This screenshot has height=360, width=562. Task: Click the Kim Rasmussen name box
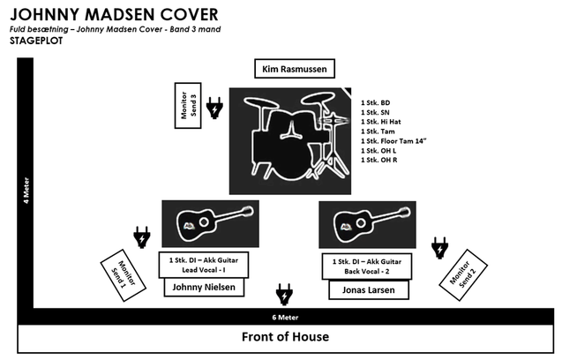[295, 69]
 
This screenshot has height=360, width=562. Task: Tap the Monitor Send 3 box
[188, 105]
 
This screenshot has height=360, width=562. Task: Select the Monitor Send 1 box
[123, 275]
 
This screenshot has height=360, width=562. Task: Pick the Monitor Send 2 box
[463, 275]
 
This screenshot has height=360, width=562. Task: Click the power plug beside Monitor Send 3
[214, 108]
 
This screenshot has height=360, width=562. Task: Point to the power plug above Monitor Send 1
[142, 237]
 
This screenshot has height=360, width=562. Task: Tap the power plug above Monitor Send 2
[439, 247]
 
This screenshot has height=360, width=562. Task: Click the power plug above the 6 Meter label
[285, 294]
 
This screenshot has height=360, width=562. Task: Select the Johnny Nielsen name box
[204, 288]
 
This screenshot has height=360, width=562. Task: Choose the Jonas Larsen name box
[369, 290]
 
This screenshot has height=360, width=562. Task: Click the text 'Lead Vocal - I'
[204, 270]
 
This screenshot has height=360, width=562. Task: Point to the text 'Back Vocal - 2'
[367, 272]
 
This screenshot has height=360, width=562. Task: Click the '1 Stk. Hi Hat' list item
[380, 122]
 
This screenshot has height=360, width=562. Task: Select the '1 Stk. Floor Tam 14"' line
[393, 141]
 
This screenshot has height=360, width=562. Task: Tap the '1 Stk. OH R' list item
[378, 160]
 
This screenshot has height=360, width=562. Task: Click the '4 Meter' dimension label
[26, 191]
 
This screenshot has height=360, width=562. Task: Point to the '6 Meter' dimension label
[285, 318]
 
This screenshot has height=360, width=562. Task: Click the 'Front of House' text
[285, 337]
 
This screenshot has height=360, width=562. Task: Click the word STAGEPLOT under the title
[36, 41]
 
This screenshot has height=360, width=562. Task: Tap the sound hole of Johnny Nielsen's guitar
[204, 222]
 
